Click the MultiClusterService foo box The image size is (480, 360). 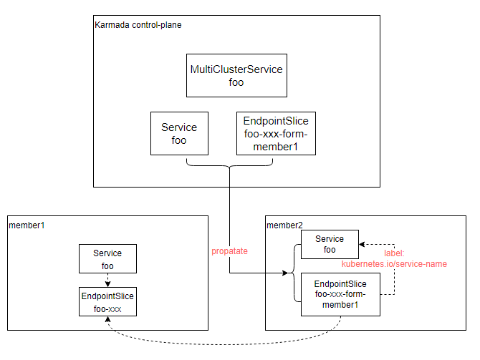236,75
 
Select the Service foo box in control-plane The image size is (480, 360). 179,133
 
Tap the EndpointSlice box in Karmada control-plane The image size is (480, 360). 276,133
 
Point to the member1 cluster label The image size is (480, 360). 26,225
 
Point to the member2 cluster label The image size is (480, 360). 284,225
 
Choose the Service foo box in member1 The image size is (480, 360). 107,259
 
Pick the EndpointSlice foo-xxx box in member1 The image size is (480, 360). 107,301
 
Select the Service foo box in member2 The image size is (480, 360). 330,244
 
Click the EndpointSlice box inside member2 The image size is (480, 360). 340,294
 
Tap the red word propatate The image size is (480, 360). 229,251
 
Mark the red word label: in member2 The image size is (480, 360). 393,253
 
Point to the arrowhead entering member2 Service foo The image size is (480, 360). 363,244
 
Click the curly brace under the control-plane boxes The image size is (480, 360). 230,164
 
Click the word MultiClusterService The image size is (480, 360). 236,69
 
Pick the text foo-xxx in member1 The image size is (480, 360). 107,308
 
